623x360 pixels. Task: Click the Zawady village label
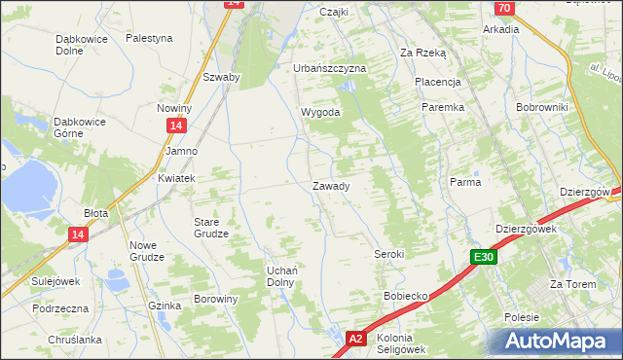pos(331,186)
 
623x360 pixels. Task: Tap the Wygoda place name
pos(320,112)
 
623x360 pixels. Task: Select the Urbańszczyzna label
pos(330,68)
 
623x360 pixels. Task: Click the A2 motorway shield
pos(356,338)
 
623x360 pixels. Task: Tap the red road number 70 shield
pos(503,8)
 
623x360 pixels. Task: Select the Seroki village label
pos(388,254)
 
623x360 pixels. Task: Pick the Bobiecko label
pos(406,295)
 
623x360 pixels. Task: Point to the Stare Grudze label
pos(210,227)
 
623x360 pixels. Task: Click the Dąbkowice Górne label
pos(80,127)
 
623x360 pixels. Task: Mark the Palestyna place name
pos(149,38)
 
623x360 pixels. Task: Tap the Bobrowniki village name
pos(541,106)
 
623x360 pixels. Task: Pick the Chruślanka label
pos(75,340)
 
